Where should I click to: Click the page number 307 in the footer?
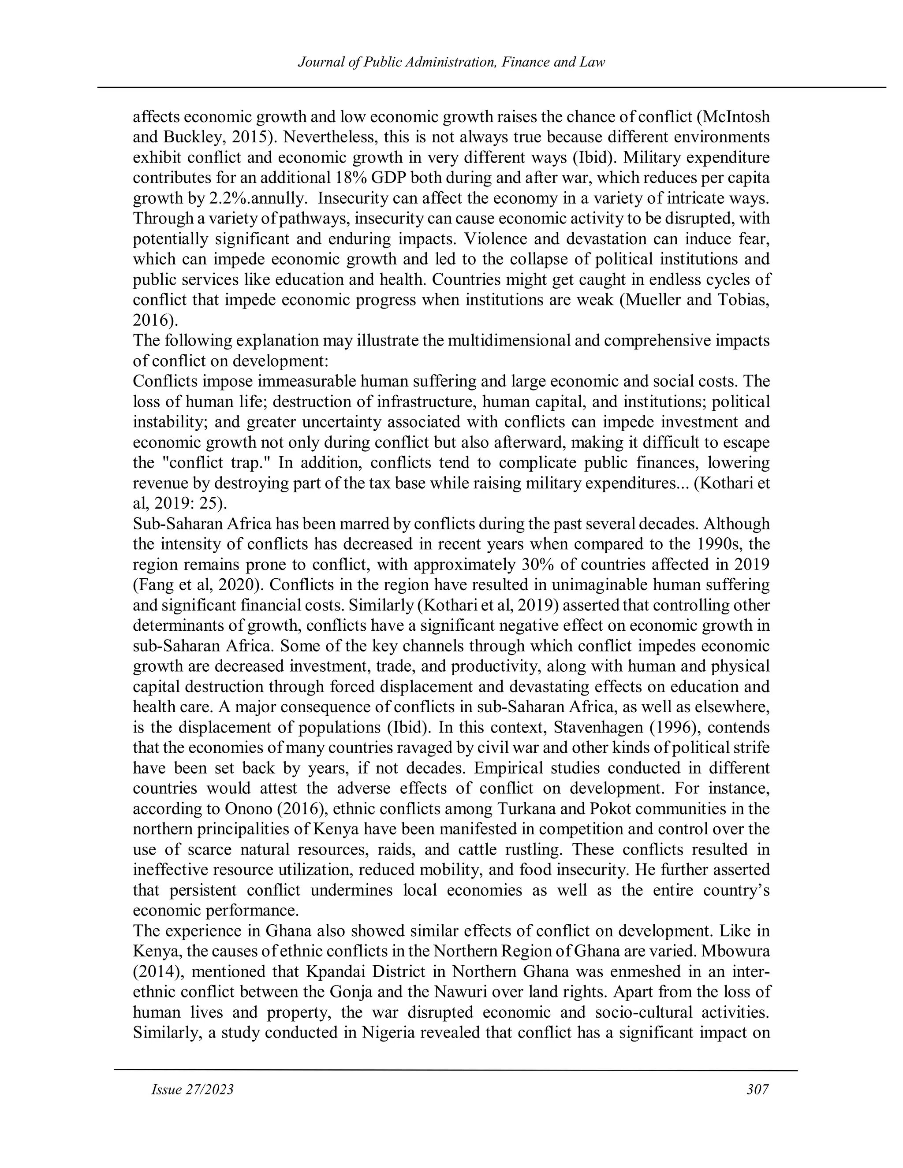pyautogui.click(x=757, y=1090)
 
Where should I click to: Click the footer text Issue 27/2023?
pyautogui.click(x=193, y=1090)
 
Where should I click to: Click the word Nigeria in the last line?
pyautogui.click(x=388, y=1033)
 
